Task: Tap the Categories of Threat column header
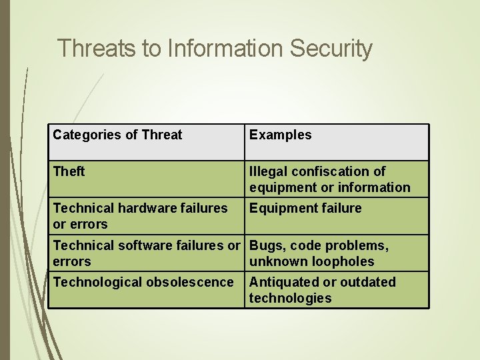click(117, 135)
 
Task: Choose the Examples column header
click(280, 135)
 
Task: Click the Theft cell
click(69, 171)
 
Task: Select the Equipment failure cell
click(305, 208)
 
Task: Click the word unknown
click(275, 261)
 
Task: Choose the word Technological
click(97, 282)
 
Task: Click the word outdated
click(367, 282)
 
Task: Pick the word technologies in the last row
click(290, 298)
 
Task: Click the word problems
click(359, 245)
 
